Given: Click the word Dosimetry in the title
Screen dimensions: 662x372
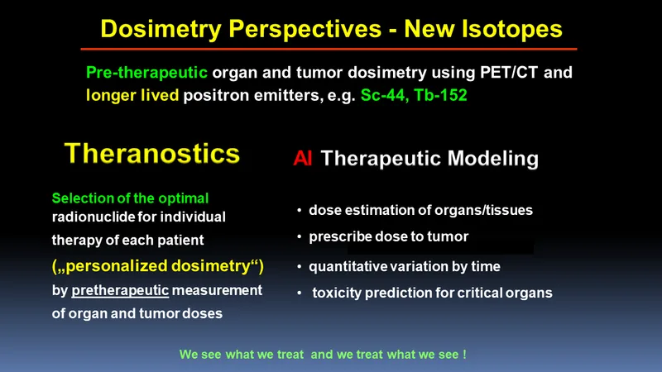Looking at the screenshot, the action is [x=161, y=30].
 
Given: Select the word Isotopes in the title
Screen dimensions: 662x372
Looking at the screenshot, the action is [x=511, y=29].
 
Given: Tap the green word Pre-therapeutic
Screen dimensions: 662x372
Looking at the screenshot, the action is [x=146, y=73].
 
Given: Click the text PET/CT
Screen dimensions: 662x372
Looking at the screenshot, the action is [x=509, y=72].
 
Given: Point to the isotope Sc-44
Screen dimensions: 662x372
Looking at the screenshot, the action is [x=384, y=95].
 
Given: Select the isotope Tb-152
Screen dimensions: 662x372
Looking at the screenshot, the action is [x=440, y=95].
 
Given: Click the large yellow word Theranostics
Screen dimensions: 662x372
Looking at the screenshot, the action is [x=152, y=153].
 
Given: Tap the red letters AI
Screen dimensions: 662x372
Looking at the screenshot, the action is [x=303, y=159].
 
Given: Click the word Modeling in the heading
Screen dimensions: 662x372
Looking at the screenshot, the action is [x=492, y=159].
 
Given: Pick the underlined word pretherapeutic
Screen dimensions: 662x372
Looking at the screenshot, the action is [x=120, y=291].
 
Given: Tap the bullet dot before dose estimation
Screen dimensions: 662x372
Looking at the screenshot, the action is [x=299, y=210].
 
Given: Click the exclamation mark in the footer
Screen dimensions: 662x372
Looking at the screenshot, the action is [x=464, y=354].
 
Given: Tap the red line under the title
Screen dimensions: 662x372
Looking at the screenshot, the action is [x=329, y=50].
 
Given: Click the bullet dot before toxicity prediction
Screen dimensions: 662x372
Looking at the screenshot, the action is [x=299, y=293].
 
